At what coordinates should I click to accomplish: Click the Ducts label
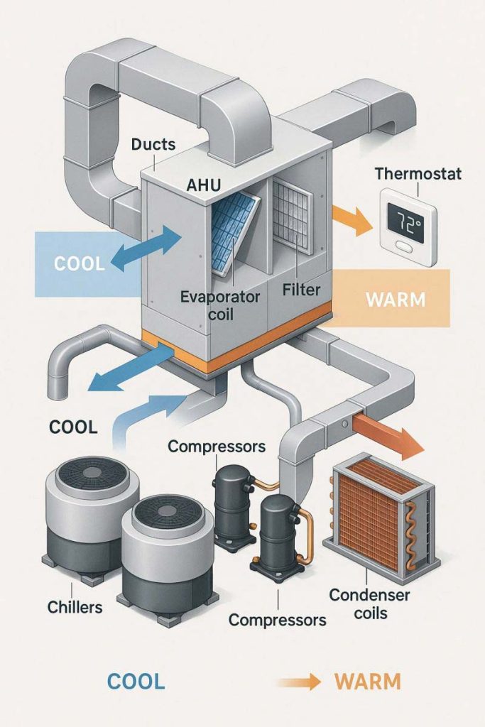pos(153,145)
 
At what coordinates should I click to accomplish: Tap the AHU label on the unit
pos(204,185)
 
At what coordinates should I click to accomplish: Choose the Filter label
pos(302,290)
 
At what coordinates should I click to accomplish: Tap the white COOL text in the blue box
pos(79,263)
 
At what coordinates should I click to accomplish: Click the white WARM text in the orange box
pos(396,299)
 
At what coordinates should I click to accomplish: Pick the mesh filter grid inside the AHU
pos(291,213)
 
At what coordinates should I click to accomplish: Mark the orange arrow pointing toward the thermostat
pos(352,219)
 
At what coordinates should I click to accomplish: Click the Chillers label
pos(75,608)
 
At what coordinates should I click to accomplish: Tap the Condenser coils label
pos(369,603)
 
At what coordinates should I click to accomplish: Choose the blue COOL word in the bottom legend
pos(136,682)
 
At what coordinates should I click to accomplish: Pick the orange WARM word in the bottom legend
pos(367,682)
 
